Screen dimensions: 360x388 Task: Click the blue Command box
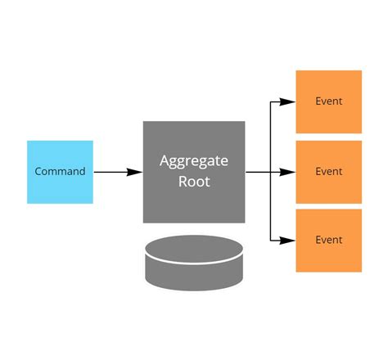click(60, 172)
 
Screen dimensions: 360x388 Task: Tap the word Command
click(60, 172)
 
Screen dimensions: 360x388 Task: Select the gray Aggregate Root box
click(194, 172)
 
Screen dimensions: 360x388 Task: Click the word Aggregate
click(194, 161)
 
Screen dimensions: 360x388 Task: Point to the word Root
click(194, 182)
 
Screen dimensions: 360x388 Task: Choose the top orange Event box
click(328, 101)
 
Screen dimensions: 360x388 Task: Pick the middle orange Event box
click(328, 172)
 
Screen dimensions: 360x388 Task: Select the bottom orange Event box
click(328, 241)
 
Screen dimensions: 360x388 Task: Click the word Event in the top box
click(328, 101)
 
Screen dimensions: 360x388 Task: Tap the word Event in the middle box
click(328, 172)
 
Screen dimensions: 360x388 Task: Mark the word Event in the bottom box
click(328, 241)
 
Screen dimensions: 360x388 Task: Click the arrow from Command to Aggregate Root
click(115, 173)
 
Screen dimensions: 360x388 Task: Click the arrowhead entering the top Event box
click(287, 102)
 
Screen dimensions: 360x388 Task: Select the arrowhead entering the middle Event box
click(287, 173)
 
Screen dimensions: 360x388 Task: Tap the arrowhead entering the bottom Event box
click(287, 241)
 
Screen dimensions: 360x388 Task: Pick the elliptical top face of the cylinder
click(194, 249)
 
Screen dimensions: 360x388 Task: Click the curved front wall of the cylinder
click(194, 276)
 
